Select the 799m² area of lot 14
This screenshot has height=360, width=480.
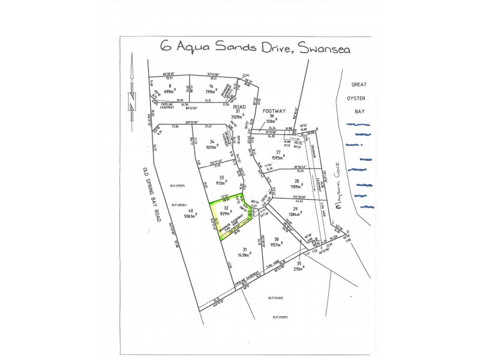coord(211,92)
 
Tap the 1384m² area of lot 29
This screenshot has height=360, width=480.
coord(295,214)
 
